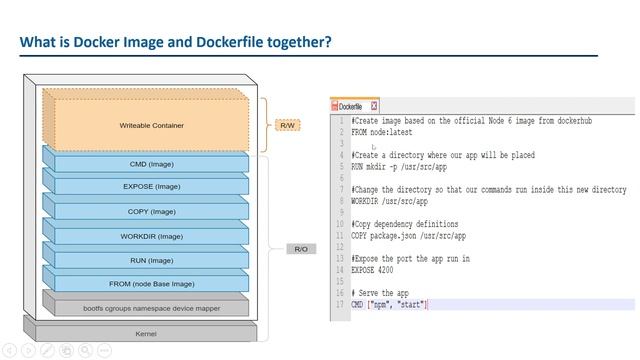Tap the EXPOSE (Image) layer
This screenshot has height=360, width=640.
tap(150, 187)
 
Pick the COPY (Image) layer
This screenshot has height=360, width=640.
tap(150, 212)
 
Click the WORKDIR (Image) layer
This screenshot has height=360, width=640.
tap(150, 236)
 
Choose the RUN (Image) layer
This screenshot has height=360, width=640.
tap(150, 260)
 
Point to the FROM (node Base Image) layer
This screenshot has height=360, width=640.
tap(150, 284)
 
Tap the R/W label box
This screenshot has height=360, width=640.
tap(287, 126)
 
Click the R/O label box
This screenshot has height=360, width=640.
tap(299, 248)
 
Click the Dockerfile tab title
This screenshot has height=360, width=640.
tap(350, 106)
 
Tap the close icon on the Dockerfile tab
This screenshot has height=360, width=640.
tap(374, 106)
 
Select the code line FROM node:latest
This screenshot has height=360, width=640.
tap(381, 132)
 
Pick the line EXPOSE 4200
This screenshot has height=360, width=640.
tap(373, 270)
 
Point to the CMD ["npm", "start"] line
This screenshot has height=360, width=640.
tap(390, 304)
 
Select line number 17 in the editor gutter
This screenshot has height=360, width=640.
tap(341, 304)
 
